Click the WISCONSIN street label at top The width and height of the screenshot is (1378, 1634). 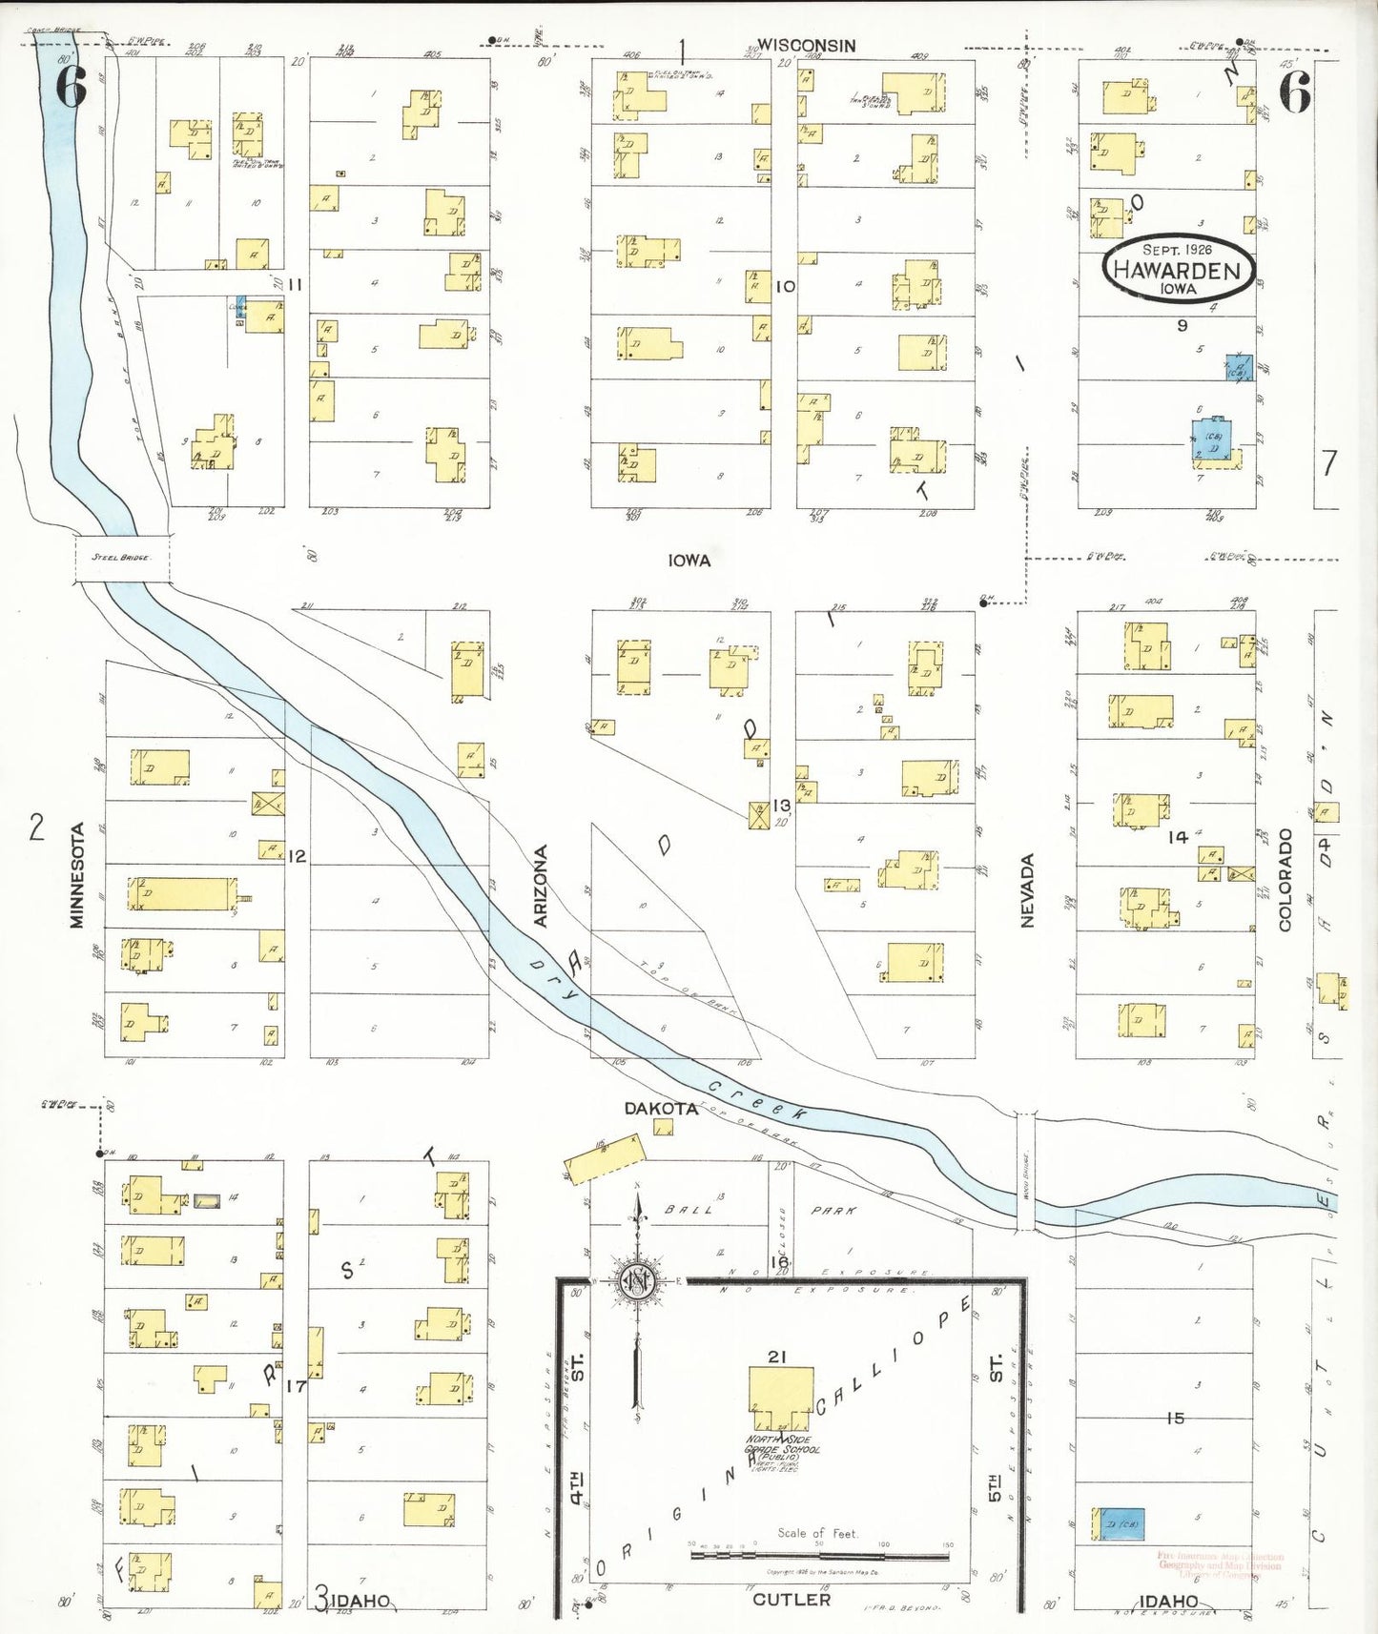click(x=807, y=45)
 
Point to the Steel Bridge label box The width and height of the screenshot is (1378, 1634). click(x=122, y=557)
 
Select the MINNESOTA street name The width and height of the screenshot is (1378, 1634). click(x=78, y=874)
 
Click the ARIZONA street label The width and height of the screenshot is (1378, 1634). click(x=541, y=886)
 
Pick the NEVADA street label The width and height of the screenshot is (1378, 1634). click(x=1027, y=889)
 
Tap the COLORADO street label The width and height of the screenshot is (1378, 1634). click(x=1285, y=879)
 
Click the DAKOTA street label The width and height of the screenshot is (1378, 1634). click(x=661, y=1108)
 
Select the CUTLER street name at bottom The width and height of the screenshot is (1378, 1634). click(x=792, y=1599)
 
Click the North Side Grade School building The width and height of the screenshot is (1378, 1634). click(x=781, y=1399)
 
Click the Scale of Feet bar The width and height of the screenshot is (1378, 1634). click(x=819, y=1556)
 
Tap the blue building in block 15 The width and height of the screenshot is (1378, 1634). click(x=1119, y=1523)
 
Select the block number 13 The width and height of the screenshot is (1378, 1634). click(x=782, y=805)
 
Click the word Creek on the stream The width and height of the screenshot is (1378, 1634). click(x=758, y=1099)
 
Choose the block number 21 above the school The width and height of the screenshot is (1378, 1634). click(x=776, y=1356)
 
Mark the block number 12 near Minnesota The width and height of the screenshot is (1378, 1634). click(x=297, y=856)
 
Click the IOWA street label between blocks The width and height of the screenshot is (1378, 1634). click(x=689, y=561)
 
